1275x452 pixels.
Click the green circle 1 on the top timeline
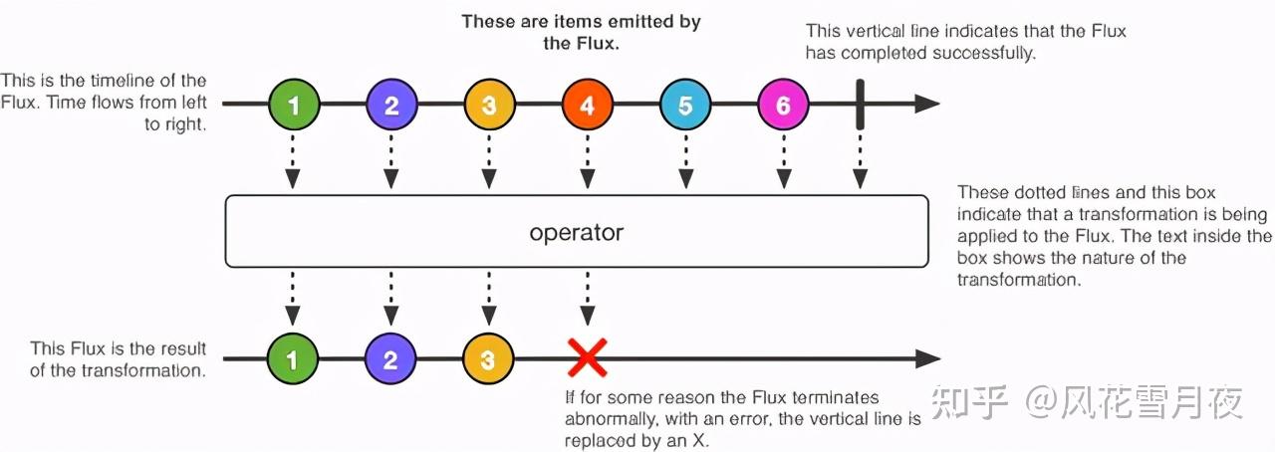[294, 105]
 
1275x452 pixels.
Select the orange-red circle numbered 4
[588, 105]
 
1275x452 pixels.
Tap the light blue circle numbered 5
[685, 105]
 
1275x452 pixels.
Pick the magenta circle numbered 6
[783, 105]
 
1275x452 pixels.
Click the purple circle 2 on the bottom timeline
[390, 359]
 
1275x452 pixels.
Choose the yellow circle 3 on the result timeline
[488, 359]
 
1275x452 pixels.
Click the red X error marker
[588, 358]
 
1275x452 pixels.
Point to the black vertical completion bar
[860, 105]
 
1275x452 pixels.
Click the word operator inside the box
[577, 233]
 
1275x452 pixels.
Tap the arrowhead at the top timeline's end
[927, 104]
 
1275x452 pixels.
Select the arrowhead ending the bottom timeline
[927, 358]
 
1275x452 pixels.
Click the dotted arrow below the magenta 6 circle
[784, 161]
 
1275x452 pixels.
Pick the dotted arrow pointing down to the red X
[588, 299]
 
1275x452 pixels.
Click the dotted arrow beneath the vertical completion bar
[860, 161]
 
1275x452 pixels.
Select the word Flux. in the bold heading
[599, 43]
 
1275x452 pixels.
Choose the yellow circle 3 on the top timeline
[489, 105]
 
